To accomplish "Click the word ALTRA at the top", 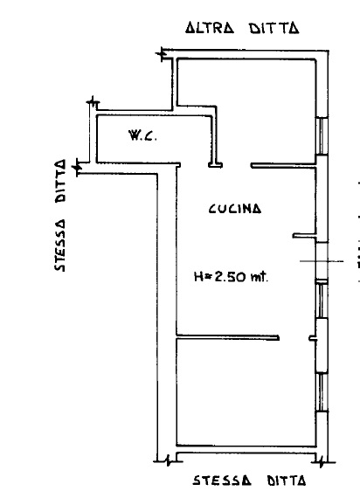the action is tap(210, 28).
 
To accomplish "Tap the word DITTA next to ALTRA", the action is tap(273, 28).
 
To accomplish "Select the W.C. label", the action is tap(142, 135).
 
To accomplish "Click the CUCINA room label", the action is tap(235, 208).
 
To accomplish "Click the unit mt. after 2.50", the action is tap(260, 276).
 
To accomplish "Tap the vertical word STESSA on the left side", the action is tap(60, 245).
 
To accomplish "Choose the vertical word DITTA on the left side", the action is tap(60, 181).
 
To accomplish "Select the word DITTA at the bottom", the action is tap(286, 481).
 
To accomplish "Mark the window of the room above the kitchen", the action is tap(322, 136).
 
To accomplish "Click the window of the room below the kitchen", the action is tap(322, 391).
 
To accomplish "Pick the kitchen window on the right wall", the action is tap(322, 300).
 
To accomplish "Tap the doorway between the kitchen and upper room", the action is tap(237, 165).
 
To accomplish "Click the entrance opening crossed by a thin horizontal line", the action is tap(322, 261).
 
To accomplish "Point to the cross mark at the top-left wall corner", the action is tap(162, 54).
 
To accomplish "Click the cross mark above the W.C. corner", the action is tap(93, 102).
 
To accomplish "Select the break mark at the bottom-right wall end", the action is tap(321, 461).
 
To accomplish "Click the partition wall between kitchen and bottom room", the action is tap(228, 337).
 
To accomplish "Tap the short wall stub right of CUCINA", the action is tap(304, 235).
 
